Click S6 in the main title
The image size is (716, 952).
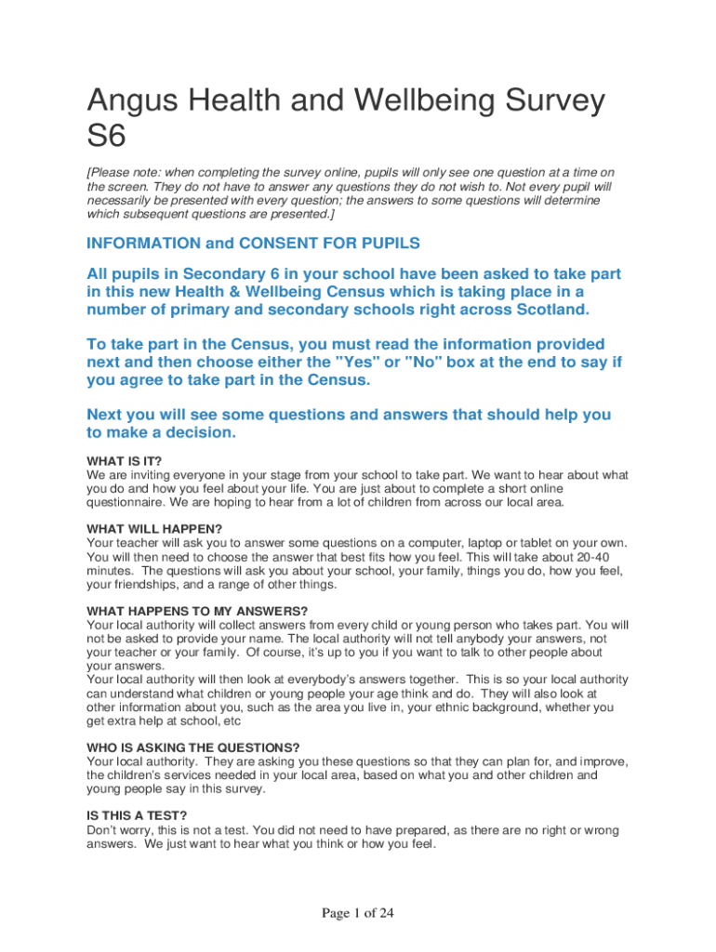[x=105, y=138]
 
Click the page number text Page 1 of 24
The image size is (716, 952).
[x=358, y=913]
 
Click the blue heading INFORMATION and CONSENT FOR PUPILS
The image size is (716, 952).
[x=253, y=244]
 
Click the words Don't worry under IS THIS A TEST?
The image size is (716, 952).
[x=113, y=829]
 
